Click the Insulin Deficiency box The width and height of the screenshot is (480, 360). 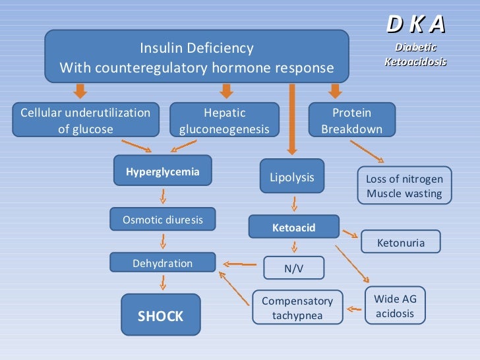pos(196,57)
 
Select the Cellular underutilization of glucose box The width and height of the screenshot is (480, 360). pos(86,121)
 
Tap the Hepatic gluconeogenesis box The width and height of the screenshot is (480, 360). pos(224,121)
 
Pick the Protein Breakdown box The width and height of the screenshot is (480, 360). pos(351,121)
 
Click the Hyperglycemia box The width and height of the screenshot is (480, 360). pos(163,171)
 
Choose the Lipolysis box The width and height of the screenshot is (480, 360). pos(292,177)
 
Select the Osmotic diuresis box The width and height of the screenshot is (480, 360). pos(163,220)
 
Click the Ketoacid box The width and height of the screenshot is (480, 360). pos(293,227)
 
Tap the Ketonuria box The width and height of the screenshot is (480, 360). pos(400,243)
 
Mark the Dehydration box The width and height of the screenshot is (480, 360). pos(163,263)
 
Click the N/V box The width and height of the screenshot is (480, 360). pos(293,268)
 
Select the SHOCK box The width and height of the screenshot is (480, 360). pos(160,316)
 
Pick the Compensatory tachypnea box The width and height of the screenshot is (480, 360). pos(297,308)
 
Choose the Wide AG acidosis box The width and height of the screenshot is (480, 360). pos(395,306)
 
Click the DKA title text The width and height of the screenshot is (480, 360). pos(415,24)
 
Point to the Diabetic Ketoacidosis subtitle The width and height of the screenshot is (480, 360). pos(415,54)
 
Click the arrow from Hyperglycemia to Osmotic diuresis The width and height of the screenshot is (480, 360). pos(163,196)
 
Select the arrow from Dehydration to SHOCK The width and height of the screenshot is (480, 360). pos(163,282)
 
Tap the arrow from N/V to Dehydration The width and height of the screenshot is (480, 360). pos(240,265)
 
